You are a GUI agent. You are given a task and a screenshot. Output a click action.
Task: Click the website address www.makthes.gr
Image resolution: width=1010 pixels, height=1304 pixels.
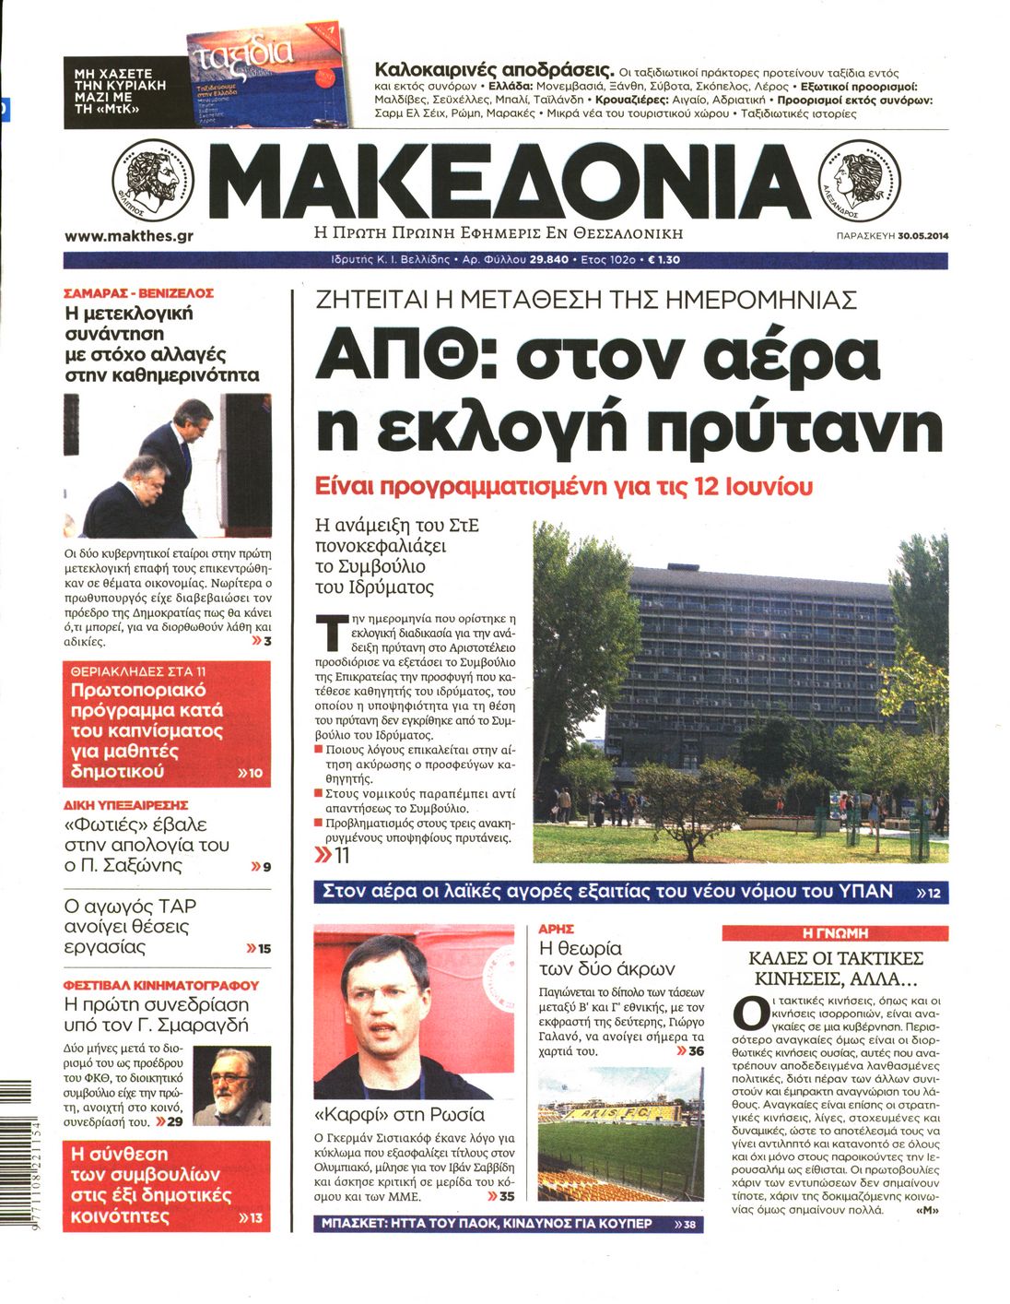point(129,236)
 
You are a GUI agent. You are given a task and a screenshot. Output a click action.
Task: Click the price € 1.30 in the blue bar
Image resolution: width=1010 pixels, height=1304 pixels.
point(664,260)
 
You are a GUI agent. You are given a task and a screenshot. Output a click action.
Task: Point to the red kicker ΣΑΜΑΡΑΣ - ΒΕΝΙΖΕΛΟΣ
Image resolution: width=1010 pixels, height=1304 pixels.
point(138,292)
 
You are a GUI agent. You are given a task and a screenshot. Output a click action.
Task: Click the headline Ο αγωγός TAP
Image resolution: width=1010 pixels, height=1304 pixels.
point(130,906)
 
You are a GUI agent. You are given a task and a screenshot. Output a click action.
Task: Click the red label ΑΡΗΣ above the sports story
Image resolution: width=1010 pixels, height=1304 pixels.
point(557,929)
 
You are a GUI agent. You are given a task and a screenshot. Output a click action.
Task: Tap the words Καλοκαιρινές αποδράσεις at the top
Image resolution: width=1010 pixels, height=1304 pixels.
point(494,70)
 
